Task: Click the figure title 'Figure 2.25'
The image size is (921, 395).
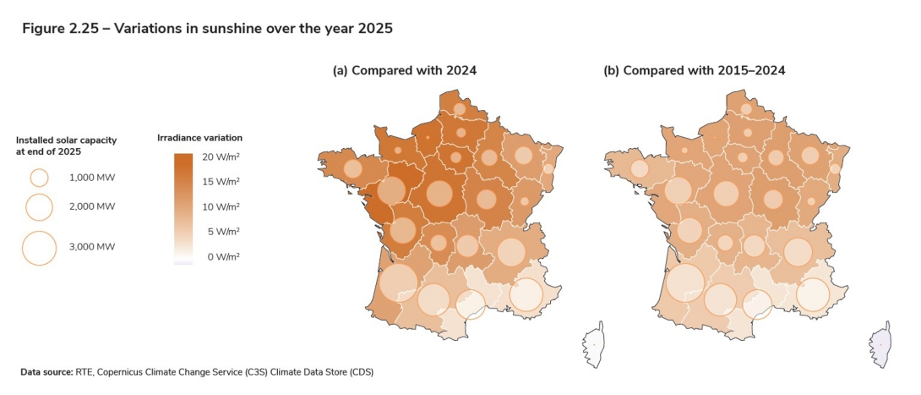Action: tap(60, 29)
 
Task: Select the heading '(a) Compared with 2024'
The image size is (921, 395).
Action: tap(404, 70)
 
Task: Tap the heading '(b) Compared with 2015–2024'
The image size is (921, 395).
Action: tap(694, 70)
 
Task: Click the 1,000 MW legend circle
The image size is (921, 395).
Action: tap(39, 178)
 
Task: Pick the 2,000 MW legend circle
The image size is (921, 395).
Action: tap(39, 206)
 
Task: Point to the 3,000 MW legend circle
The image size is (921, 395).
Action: tap(39, 247)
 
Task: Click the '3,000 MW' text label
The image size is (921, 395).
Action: tap(92, 247)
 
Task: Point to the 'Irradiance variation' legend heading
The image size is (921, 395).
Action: tap(200, 137)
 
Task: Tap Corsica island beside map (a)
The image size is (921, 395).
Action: tap(595, 345)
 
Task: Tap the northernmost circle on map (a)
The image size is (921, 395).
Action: tap(460, 109)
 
